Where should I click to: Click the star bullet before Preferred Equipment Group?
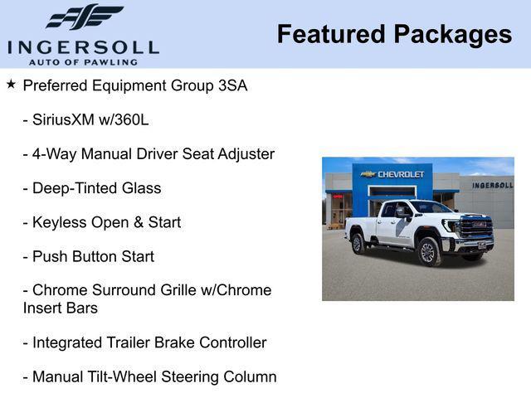point(11,84)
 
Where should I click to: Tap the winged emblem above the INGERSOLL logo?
point(84,17)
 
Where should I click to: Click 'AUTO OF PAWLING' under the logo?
point(83,61)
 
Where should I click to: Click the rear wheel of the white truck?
point(358,244)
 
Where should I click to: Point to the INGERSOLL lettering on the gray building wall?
point(492,185)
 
